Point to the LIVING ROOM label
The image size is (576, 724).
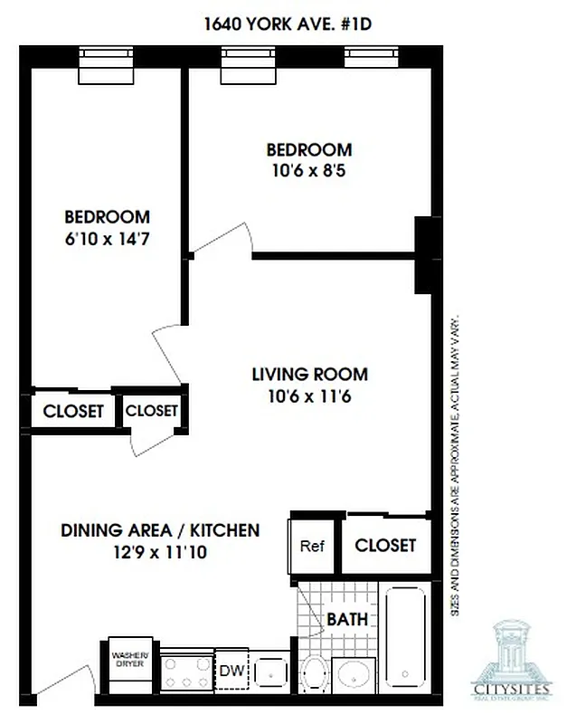[x=309, y=374]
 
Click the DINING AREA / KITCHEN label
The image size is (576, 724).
[x=160, y=530]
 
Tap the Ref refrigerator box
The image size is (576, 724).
[x=312, y=546]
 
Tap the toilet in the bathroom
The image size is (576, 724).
[x=314, y=673]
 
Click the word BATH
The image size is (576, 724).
[x=347, y=620]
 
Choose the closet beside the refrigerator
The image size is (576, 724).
[x=385, y=545]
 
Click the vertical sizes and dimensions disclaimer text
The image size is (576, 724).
[x=457, y=466]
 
